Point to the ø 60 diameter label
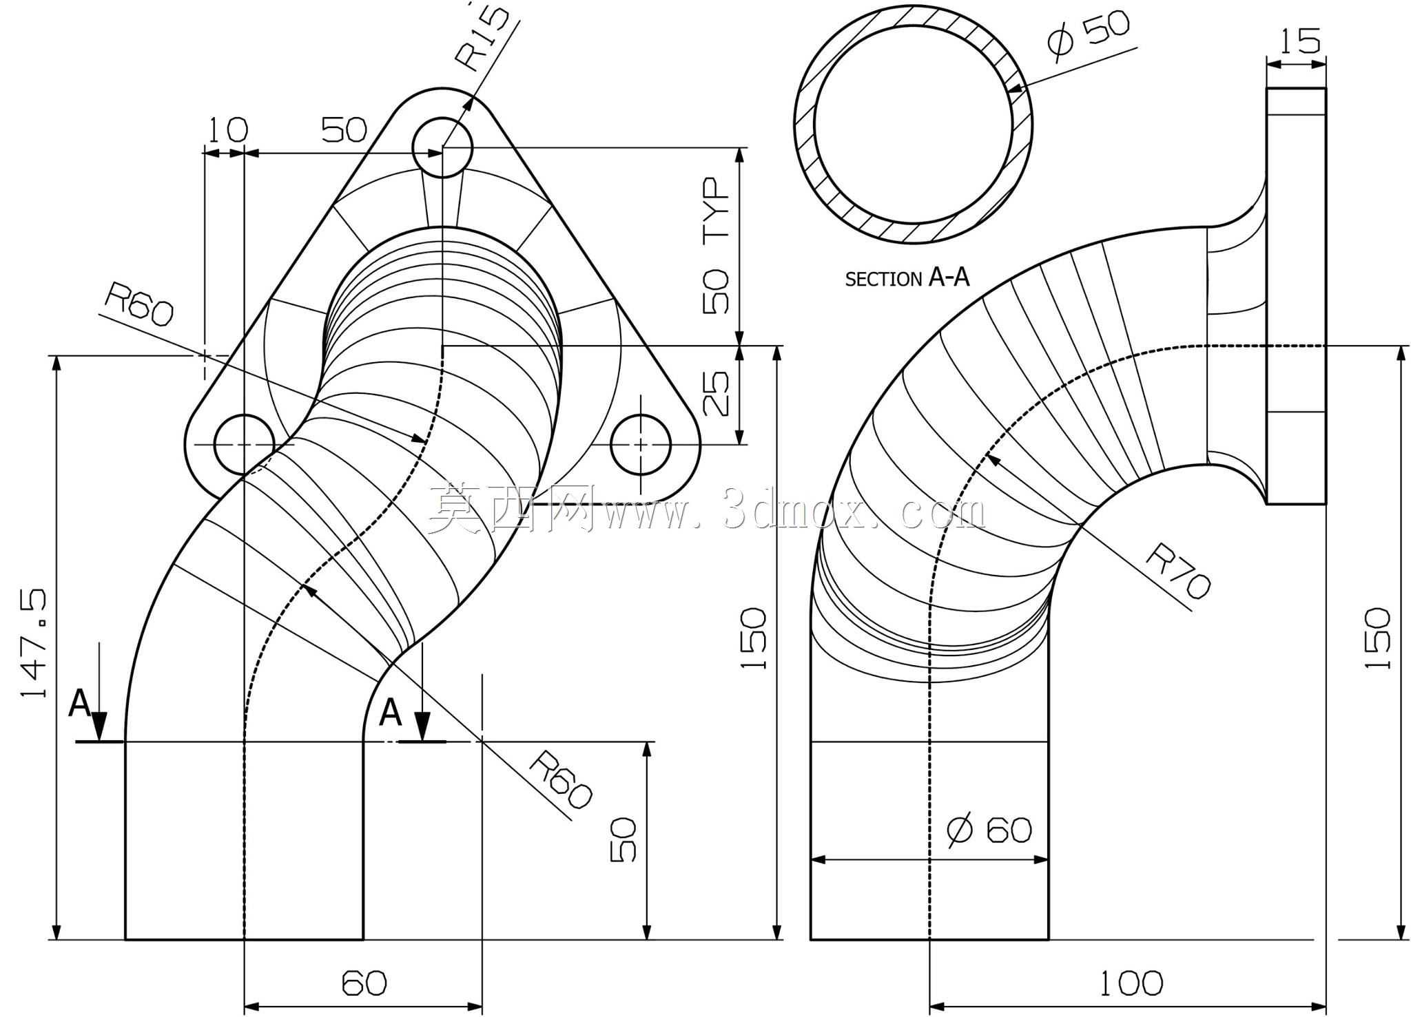pyautogui.click(x=989, y=830)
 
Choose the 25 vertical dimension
pyautogui.click(x=717, y=393)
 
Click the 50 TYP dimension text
pyautogui.click(x=717, y=246)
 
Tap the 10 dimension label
pyautogui.click(x=227, y=129)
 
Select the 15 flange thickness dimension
pyautogui.click(x=1300, y=41)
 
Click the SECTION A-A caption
pyautogui.click(x=907, y=278)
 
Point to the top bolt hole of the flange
pyautogui.click(x=442, y=147)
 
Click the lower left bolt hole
pyautogui.click(x=245, y=445)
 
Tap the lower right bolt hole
pyautogui.click(x=641, y=445)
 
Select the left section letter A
pyautogui.click(x=79, y=704)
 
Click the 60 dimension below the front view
pyautogui.click(x=364, y=983)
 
